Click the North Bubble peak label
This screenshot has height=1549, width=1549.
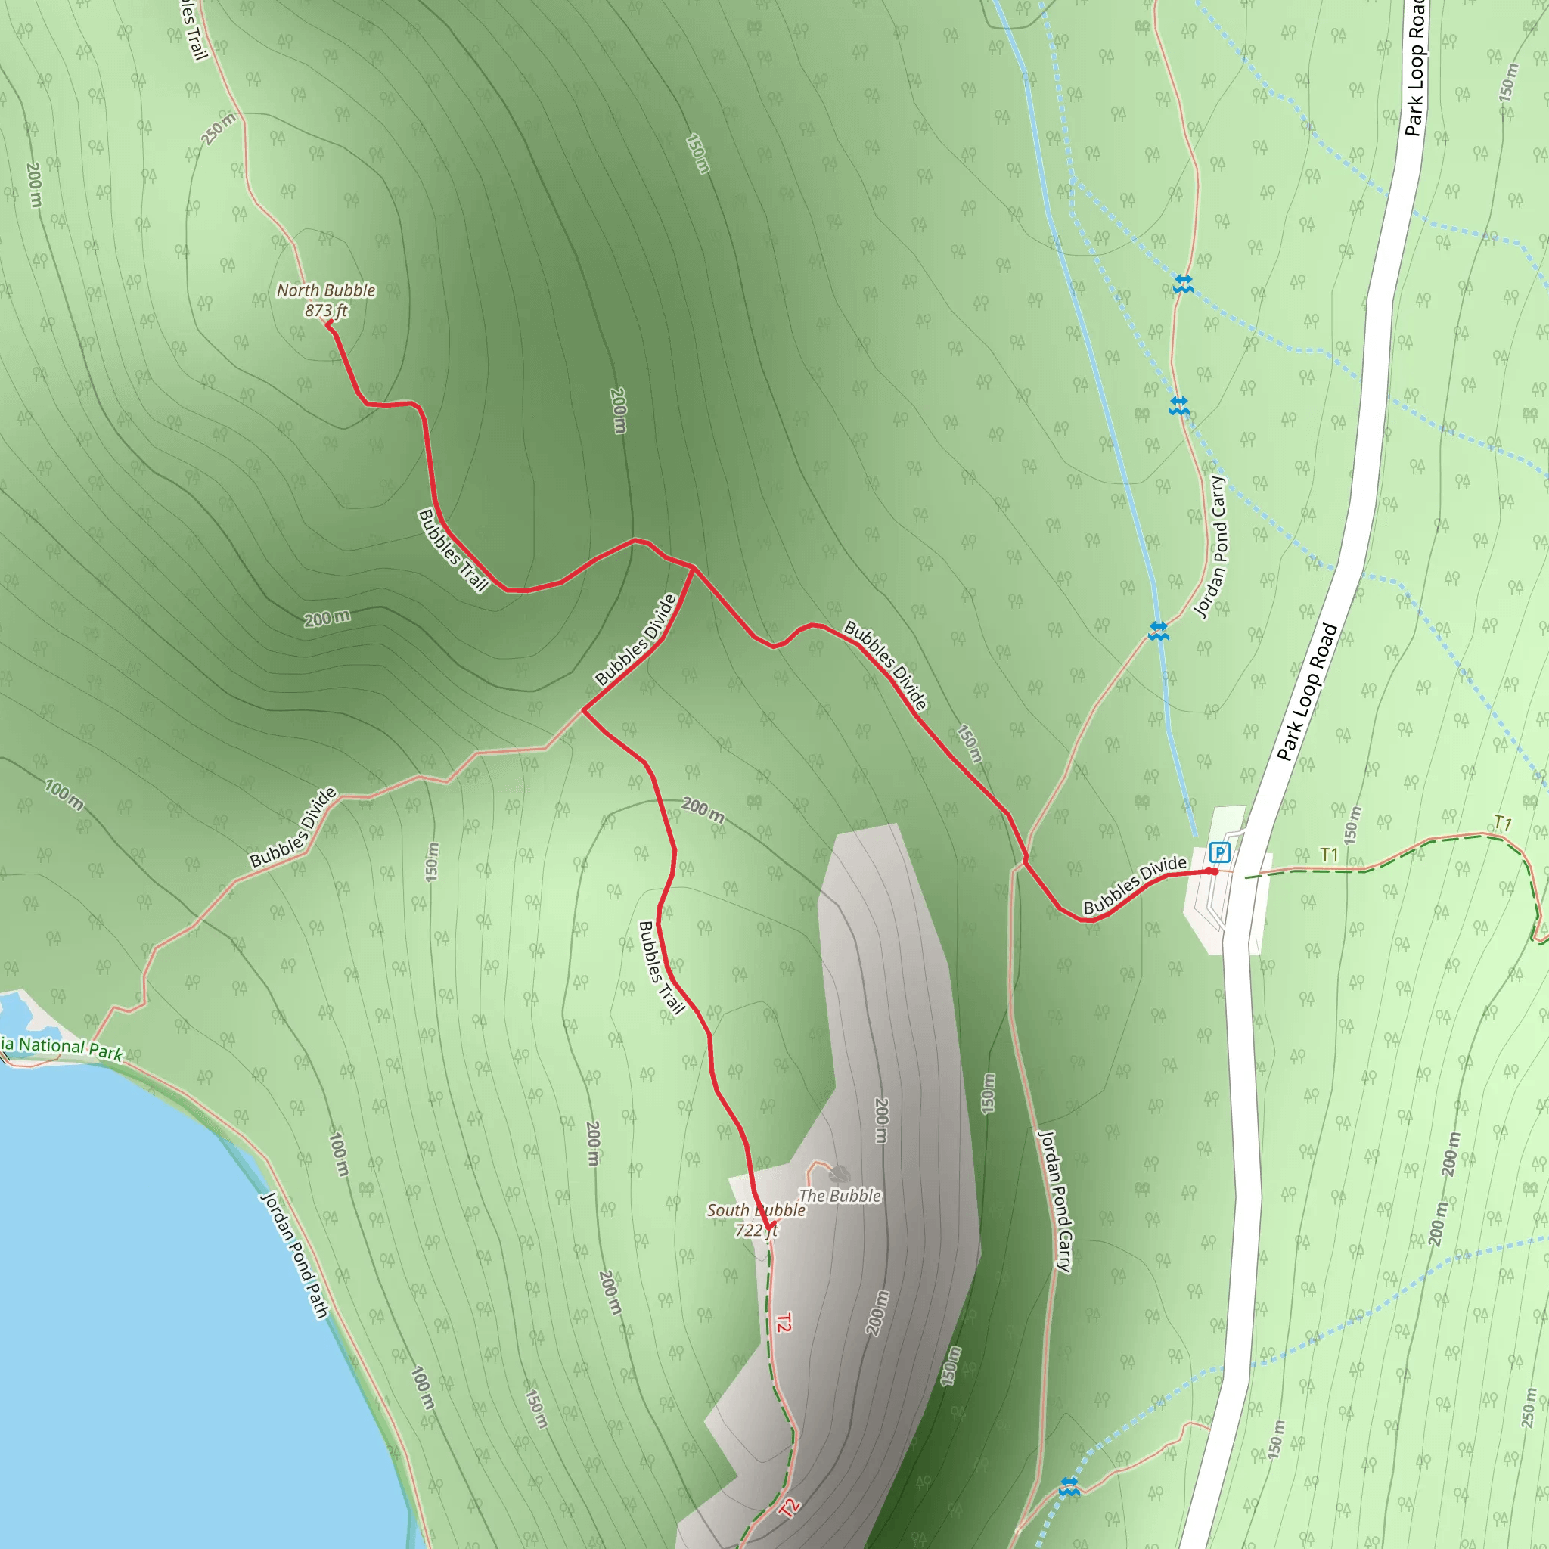[325, 290]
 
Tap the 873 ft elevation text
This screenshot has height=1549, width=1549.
[325, 310]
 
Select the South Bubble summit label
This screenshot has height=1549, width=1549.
[756, 1210]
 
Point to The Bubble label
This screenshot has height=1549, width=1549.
[840, 1196]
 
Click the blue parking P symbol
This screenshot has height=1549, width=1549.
[1218, 852]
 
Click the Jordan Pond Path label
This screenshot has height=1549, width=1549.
[295, 1256]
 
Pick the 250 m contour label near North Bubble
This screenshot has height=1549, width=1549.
[219, 129]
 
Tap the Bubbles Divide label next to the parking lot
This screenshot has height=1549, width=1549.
[1135, 884]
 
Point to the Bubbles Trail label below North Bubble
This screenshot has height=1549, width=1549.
[453, 550]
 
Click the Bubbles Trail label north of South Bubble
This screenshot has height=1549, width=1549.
[662, 967]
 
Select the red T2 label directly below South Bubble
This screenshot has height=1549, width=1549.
[784, 1322]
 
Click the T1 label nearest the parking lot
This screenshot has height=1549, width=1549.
[1330, 855]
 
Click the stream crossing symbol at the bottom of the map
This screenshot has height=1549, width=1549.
[1069, 1487]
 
